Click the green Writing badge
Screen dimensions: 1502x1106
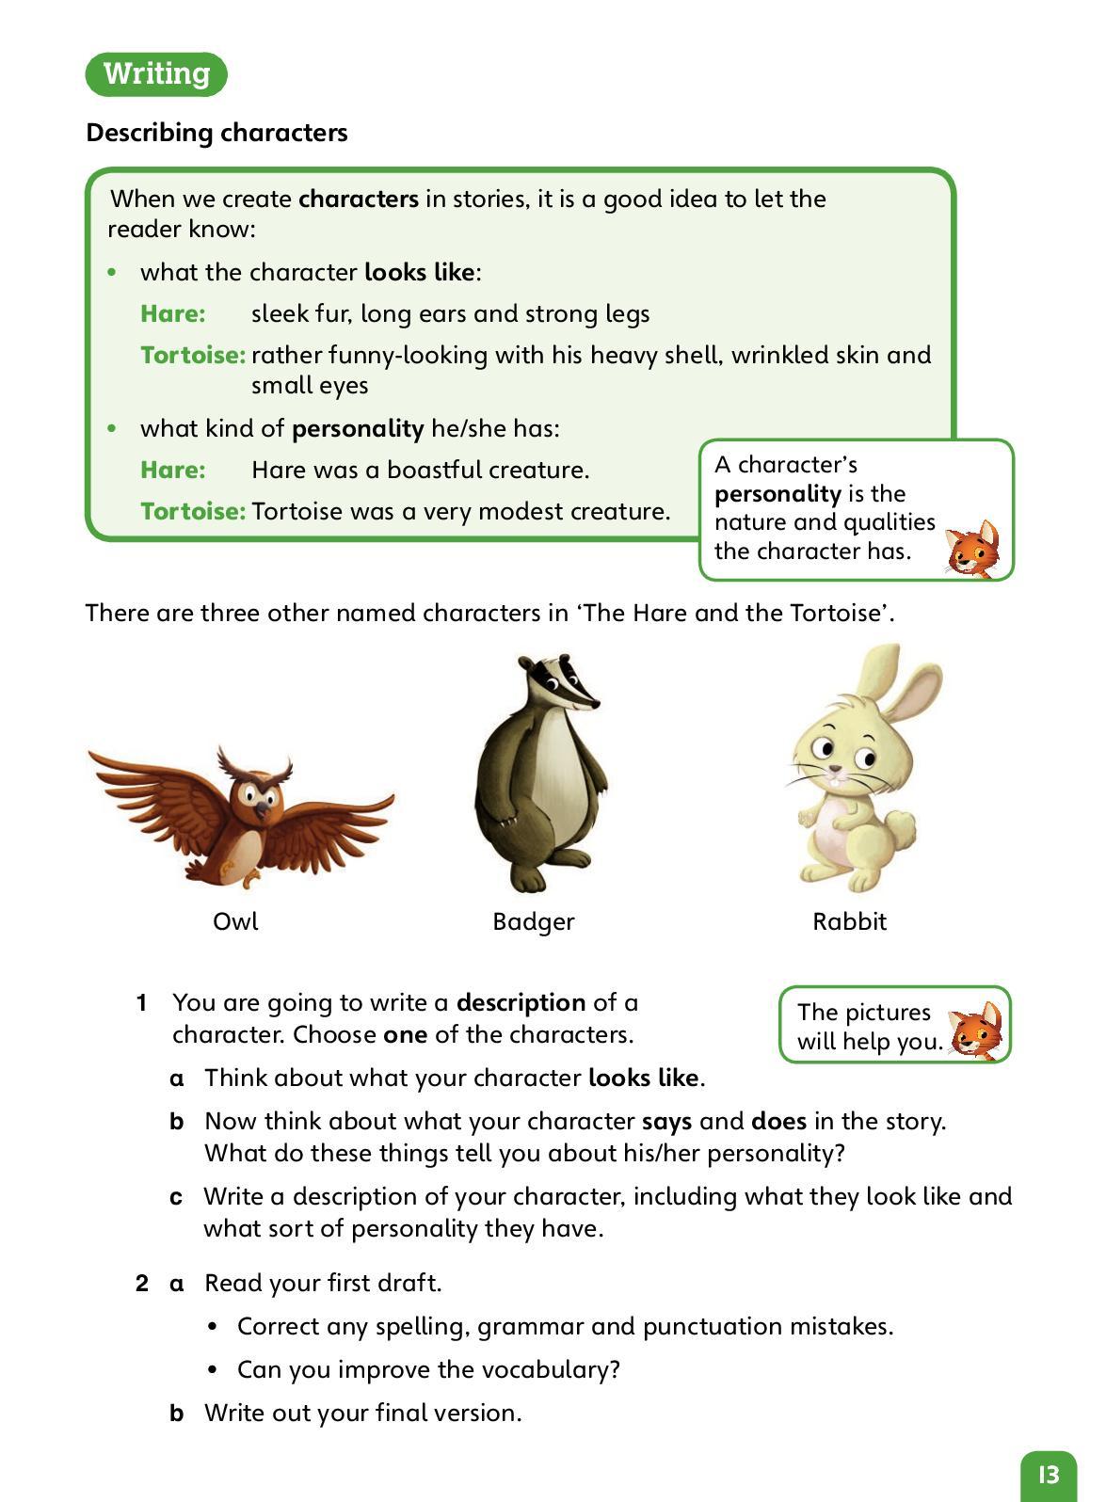click(x=156, y=73)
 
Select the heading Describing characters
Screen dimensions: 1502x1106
click(x=216, y=133)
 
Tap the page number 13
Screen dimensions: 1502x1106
click(x=1048, y=1474)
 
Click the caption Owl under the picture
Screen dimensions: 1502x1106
click(x=235, y=921)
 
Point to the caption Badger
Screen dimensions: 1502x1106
click(x=533, y=921)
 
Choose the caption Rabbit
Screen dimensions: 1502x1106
click(x=849, y=921)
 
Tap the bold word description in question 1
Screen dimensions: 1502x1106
click(x=521, y=1002)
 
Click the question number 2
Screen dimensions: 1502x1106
click(x=142, y=1283)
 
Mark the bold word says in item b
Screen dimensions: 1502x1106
click(x=666, y=1121)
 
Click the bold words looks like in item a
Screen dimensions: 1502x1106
click(x=644, y=1078)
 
